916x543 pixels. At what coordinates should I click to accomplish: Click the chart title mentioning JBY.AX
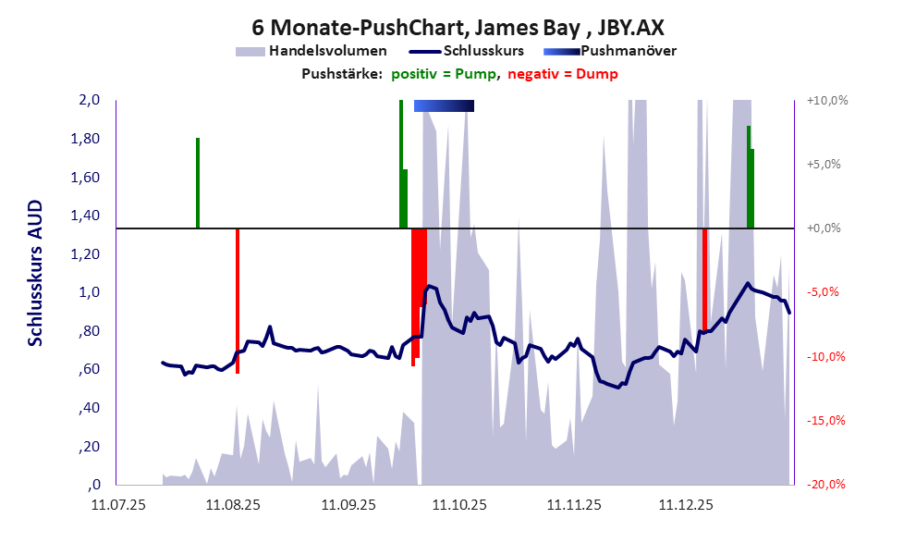(458, 28)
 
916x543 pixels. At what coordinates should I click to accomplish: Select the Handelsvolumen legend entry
(311, 52)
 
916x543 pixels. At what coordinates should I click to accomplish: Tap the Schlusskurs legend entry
(466, 51)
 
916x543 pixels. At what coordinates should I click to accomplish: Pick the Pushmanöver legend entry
(610, 52)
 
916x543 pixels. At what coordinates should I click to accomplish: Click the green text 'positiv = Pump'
(444, 74)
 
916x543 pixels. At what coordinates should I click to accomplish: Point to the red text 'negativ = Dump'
(563, 74)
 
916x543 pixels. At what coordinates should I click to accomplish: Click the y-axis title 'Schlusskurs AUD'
(36, 273)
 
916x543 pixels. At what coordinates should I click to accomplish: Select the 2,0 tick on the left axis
(90, 100)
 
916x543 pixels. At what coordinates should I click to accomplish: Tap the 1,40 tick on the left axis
(85, 216)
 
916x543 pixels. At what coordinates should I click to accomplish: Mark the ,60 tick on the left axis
(89, 369)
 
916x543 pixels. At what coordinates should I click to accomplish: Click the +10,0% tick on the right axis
(827, 101)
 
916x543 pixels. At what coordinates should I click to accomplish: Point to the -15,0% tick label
(826, 420)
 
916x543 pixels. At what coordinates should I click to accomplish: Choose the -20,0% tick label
(826, 485)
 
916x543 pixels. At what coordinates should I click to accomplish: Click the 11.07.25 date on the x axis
(118, 505)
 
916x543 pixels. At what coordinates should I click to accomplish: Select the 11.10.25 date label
(459, 505)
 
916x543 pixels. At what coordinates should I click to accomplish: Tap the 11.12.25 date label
(686, 505)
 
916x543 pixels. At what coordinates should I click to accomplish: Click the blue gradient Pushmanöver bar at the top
(444, 105)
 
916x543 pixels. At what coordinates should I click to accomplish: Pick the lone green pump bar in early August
(198, 183)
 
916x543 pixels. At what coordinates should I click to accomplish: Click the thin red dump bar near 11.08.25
(238, 301)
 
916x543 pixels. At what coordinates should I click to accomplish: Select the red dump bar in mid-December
(705, 280)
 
